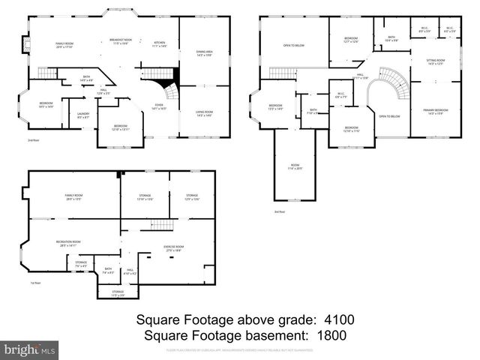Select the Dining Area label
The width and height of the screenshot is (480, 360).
point(205,53)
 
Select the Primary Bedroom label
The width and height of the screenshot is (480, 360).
point(436,112)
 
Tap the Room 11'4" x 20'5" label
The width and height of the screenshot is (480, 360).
point(295,166)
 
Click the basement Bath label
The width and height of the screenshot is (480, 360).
point(109,270)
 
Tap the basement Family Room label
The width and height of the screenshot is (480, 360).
point(73,197)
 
